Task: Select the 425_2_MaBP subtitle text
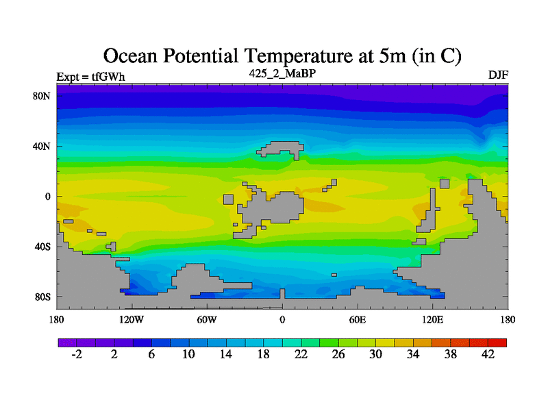pos(282,73)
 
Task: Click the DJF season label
pos(498,75)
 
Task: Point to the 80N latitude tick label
pos(43,96)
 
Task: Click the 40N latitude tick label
pos(43,146)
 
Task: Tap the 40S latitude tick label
pos(43,247)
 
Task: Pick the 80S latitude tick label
pos(43,297)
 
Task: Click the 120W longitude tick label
pos(132,319)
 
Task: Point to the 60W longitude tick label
pos(207,319)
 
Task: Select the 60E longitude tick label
pos(357,319)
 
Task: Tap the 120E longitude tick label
pos(432,319)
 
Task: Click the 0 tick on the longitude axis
pos(282,319)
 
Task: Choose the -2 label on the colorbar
pos(76,354)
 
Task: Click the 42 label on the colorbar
pos(488,354)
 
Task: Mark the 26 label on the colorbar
pos(338,354)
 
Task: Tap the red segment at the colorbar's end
pos(498,342)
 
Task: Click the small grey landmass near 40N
pos(281,149)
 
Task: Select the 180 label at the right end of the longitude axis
pos(508,319)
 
